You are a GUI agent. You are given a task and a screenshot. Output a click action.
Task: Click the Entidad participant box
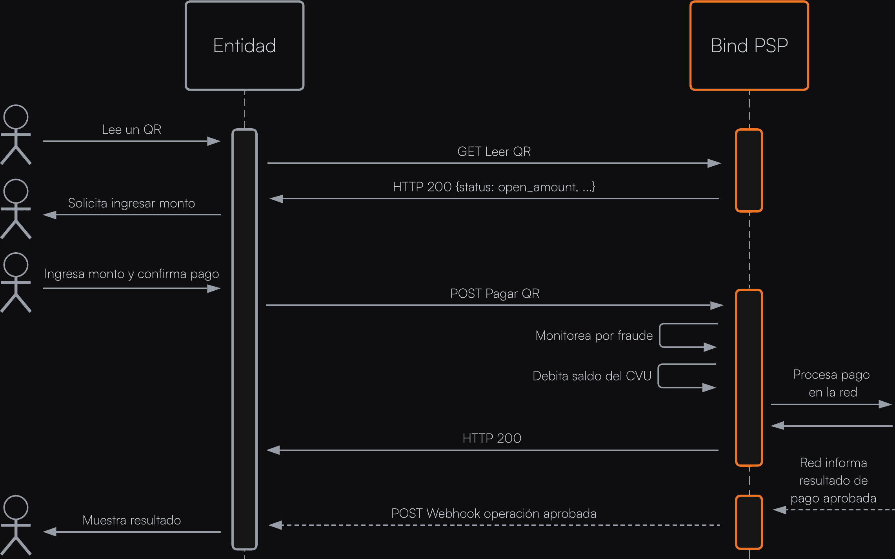click(244, 46)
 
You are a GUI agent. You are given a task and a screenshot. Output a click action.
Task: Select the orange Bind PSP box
click(749, 46)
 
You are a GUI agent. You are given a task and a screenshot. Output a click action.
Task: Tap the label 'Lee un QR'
click(131, 129)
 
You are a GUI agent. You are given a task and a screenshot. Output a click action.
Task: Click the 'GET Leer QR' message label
click(494, 151)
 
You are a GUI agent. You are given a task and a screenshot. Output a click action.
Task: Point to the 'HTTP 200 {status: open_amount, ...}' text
click(494, 187)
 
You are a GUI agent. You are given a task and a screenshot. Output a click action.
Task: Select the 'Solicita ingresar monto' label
click(131, 203)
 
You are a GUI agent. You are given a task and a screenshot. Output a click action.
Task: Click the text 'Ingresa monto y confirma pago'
click(131, 274)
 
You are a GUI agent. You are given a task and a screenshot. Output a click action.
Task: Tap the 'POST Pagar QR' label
click(495, 293)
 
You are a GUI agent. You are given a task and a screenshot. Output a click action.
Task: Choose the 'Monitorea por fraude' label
click(594, 335)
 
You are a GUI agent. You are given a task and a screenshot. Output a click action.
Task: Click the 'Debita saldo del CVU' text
click(592, 376)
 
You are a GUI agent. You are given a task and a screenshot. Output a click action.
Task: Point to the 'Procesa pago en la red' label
click(831, 383)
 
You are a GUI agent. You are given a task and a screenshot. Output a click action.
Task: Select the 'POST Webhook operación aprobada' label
click(494, 513)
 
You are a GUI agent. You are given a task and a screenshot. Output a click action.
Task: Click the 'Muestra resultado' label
click(131, 520)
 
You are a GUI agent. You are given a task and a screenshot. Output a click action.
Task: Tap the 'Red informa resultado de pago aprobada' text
click(833, 481)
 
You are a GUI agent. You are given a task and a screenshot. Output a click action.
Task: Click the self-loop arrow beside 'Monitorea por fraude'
click(688, 336)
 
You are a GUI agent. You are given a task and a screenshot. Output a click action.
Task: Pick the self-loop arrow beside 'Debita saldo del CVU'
click(687, 376)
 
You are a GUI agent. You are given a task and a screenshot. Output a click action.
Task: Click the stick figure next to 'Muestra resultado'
click(16, 525)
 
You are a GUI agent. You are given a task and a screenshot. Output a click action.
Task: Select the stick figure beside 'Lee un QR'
click(16, 135)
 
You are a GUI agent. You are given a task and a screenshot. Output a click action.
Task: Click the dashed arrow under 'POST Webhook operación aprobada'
click(494, 525)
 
